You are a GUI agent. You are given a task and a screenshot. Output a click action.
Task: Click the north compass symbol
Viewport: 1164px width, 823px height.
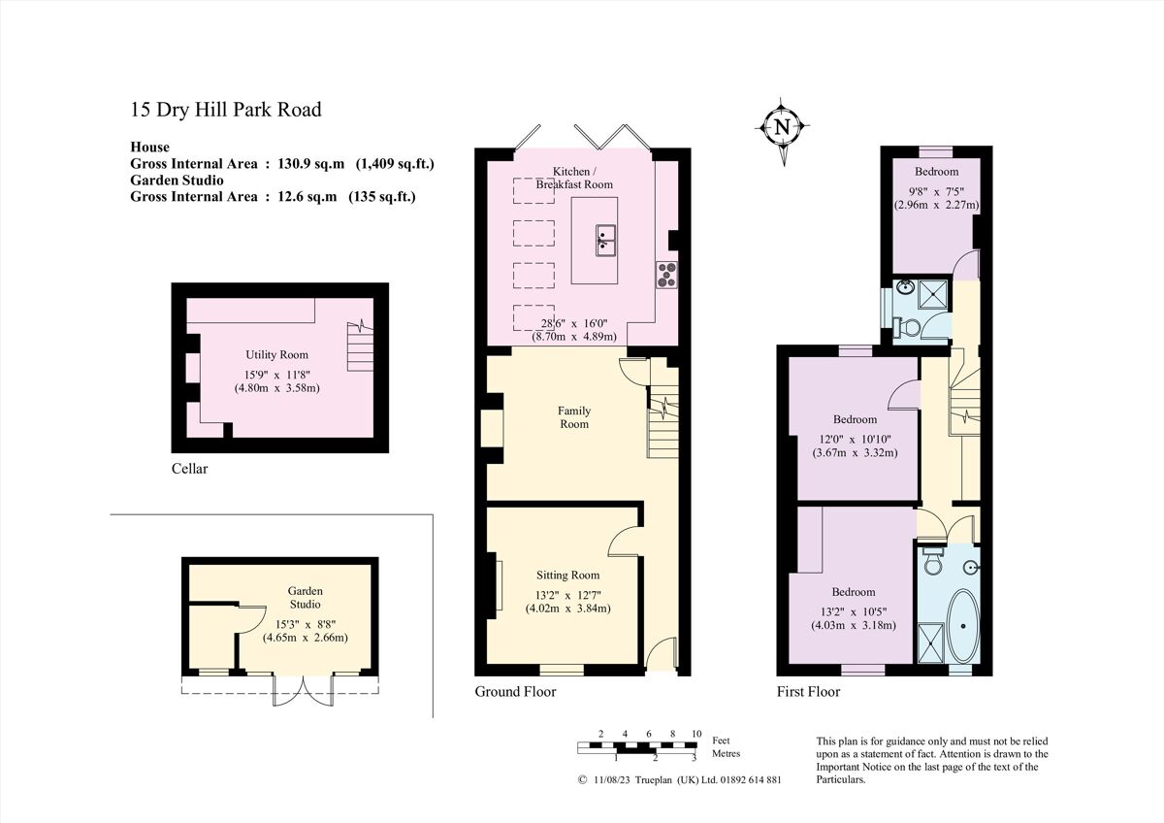click(x=783, y=127)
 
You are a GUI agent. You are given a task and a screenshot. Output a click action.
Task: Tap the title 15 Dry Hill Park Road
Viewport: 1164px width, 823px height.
click(x=226, y=110)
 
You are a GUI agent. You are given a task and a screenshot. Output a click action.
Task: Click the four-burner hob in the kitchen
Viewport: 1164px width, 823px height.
click(x=666, y=276)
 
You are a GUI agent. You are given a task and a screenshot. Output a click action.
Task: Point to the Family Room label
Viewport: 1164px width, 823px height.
click(x=573, y=417)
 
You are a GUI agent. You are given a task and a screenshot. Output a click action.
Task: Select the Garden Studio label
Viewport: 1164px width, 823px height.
click(x=305, y=597)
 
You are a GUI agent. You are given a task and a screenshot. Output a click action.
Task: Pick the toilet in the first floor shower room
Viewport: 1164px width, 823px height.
click(x=910, y=329)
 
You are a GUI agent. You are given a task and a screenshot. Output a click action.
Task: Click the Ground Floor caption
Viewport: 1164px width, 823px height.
click(x=515, y=692)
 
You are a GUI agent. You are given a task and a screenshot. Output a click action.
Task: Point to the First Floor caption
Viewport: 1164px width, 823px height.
click(x=808, y=692)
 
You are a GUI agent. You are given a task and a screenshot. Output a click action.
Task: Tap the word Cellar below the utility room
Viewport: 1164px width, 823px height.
click(x=189, y=469)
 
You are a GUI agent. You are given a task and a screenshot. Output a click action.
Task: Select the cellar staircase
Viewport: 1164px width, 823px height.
click(x=361, y=342)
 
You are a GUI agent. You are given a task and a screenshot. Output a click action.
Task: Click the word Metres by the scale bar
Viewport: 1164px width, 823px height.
click(x=727, y=753)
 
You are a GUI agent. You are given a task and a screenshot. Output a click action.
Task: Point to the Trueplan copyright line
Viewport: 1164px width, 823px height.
click(x=679, y=779)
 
